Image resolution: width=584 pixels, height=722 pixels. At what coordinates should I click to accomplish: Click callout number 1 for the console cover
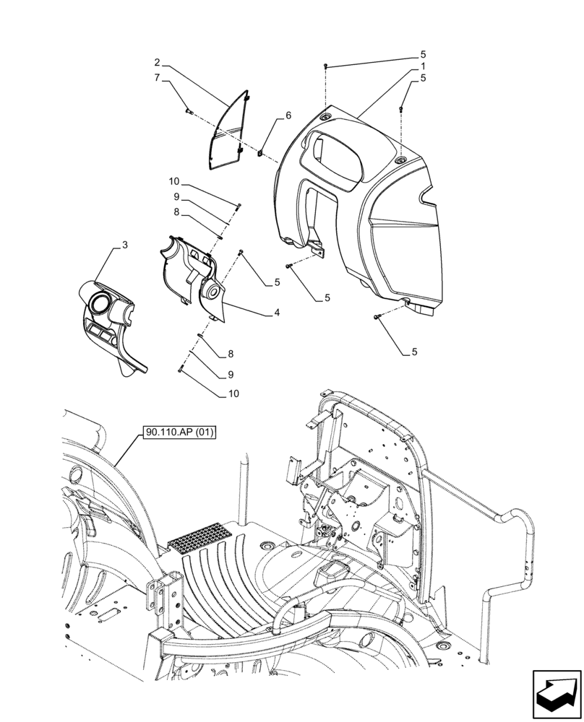[423, 66]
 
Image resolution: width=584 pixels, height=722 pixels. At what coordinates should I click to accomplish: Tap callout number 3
[124, 246]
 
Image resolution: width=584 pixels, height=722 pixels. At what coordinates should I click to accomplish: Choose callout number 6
[288, 116]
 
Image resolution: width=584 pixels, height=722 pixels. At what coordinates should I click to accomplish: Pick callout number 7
[156, 78]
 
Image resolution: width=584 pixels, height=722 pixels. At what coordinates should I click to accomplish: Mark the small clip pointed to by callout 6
[259, 152]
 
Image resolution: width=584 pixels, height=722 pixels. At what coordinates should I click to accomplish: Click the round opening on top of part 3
[100, 302]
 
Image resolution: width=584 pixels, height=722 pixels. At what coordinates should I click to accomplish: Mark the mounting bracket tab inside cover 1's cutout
[317, 249]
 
